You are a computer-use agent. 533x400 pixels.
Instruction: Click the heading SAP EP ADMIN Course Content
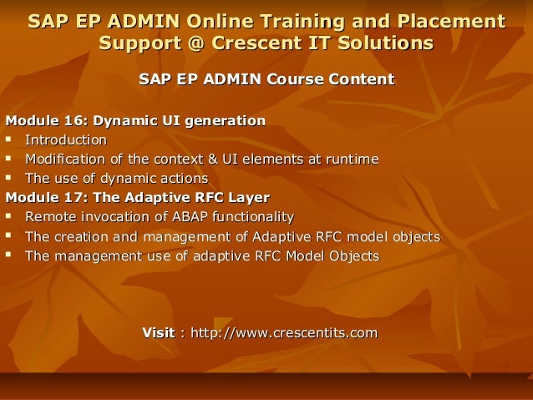[x=266, y=79]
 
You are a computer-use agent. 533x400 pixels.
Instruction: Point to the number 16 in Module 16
[x=74, y=122]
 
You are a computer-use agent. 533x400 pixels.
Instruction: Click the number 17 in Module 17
[x=74, y=199]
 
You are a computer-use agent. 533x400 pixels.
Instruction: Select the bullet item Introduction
[x=66, y=140]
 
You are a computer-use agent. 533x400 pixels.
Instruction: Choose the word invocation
[x=113, y=218]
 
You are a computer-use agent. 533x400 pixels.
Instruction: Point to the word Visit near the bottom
[x=159, y=334]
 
